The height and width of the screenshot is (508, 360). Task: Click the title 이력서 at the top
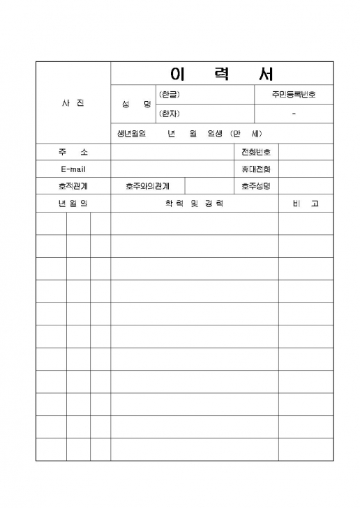point(222,74)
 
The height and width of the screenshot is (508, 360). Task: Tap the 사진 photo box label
point(73,103)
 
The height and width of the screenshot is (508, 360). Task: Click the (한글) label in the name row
point(169,94)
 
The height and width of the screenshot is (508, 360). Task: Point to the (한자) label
point(169,114)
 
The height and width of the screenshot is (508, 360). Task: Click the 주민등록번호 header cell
point(294,94)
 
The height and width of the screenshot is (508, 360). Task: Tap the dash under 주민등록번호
point(294,114)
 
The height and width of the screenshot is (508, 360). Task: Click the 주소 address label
point(73,152)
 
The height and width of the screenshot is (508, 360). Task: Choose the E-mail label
point(73,169)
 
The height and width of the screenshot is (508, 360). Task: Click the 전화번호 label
point(255,152)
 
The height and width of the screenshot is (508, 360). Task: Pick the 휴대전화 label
point(255,169)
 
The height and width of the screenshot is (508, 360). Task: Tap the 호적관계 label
point(73,186)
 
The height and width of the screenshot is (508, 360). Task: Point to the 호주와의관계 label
point(147,186)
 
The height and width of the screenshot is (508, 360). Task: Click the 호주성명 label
point(255,186)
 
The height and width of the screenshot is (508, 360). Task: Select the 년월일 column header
point(73,203)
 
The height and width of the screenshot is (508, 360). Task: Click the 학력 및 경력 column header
point(194,203)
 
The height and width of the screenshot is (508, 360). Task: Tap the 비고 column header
point(306,203)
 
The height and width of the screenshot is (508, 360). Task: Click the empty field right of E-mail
point(171,169)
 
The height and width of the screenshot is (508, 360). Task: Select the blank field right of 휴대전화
point(306,169)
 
